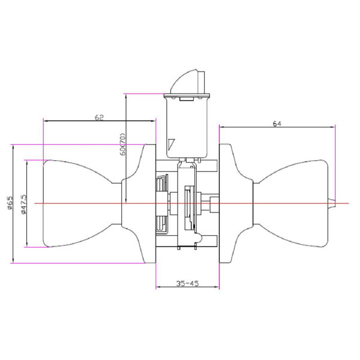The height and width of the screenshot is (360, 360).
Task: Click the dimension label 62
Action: coord(99,118)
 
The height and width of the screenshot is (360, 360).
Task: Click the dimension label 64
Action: coord(277,124)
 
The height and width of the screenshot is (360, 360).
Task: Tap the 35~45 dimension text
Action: coord(187,284)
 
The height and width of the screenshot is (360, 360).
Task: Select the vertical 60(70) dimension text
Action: coord(123,144)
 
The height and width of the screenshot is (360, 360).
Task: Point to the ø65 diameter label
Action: coord(10,203)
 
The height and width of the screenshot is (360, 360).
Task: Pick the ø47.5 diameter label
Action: coord(23,205)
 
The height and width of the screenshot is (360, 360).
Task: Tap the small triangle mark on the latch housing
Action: coord(171,145)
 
